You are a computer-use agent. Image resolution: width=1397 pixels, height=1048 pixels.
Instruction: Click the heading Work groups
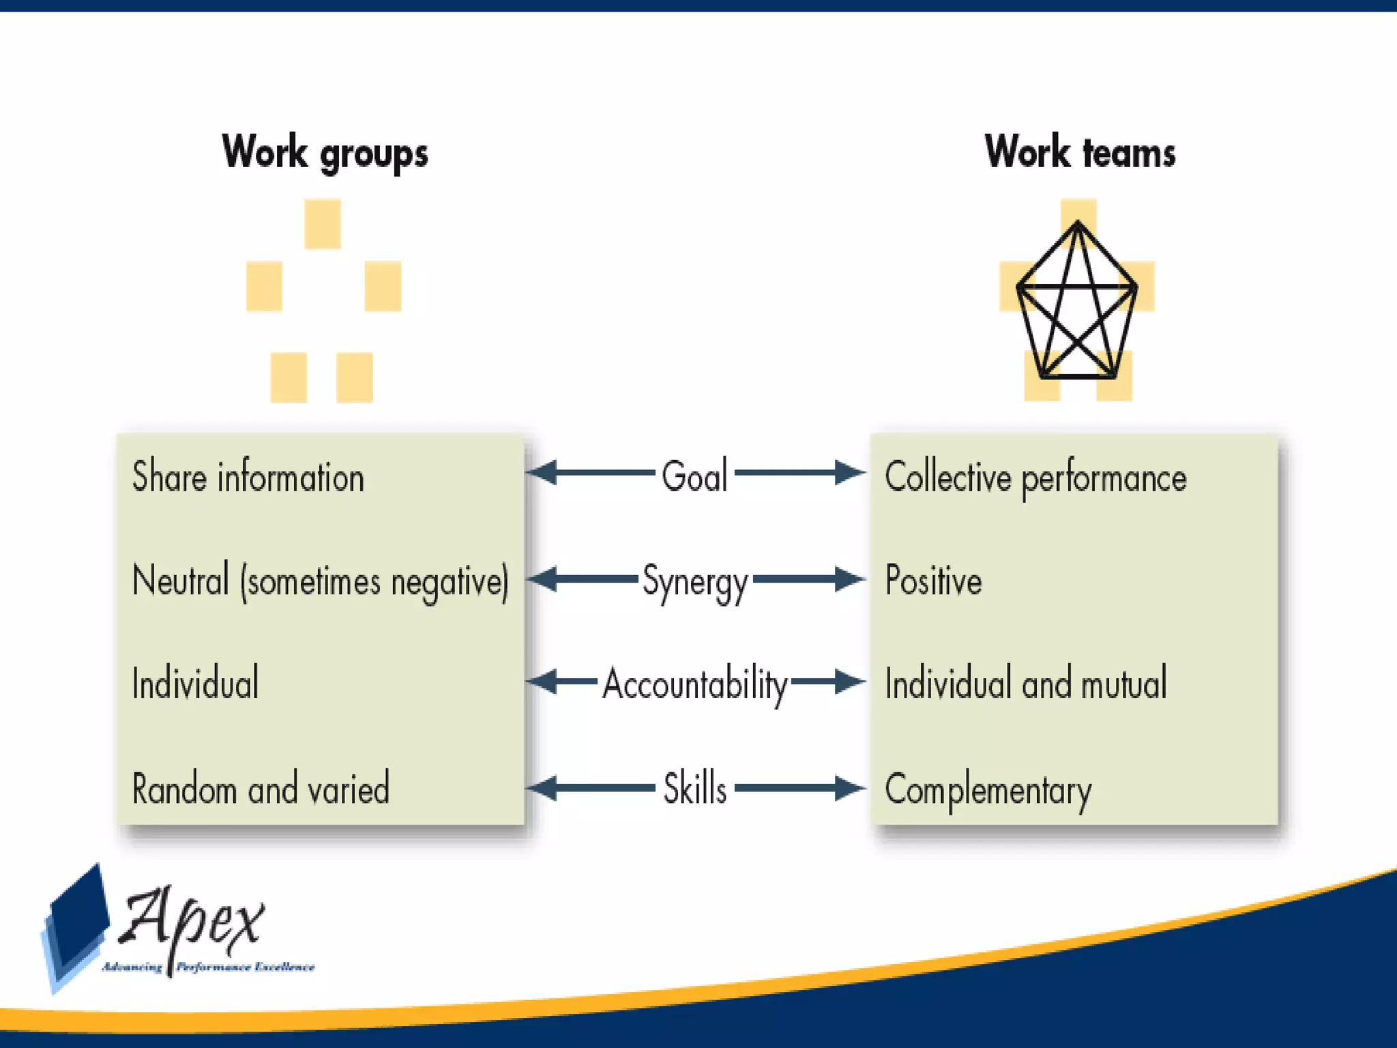point(325,153)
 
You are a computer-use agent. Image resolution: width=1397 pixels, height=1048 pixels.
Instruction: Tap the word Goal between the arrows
point(694,476)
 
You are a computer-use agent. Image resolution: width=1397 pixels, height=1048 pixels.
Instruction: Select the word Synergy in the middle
point(695,582)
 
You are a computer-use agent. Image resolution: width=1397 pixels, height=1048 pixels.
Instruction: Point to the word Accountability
point(694,684)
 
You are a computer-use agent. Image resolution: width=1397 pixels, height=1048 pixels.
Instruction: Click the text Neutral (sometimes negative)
point(320,581)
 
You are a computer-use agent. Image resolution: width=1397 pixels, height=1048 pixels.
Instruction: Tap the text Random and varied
point(261,789)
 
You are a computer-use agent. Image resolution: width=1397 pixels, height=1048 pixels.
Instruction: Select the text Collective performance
point(1035,478)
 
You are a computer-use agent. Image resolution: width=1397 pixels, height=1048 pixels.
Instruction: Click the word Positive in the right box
point(933,581)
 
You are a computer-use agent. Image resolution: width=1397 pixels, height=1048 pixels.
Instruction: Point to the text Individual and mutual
point(1025,684)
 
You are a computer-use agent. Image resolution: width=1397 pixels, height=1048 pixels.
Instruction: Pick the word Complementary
point(988,790)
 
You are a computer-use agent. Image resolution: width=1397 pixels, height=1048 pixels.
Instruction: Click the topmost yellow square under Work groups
point(322,224)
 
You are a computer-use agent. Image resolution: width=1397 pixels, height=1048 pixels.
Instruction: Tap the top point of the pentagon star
point(1078,222)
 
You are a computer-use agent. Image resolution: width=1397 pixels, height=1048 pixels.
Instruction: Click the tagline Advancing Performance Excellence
point(208,967)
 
